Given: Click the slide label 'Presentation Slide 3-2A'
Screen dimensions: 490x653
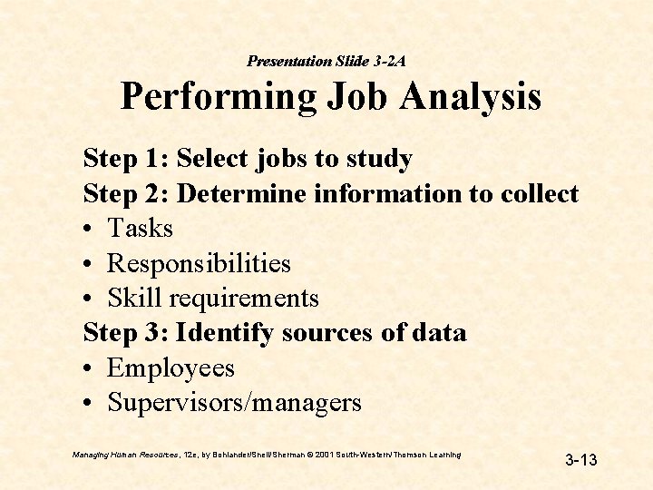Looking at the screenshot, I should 326,61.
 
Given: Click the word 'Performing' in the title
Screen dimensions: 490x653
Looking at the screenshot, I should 217,97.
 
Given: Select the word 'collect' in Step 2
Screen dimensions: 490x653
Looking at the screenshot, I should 540,193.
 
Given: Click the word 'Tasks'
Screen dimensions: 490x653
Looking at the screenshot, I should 140,229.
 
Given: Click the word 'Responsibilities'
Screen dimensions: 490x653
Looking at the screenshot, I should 199,264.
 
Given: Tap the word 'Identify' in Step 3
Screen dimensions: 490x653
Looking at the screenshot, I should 225,334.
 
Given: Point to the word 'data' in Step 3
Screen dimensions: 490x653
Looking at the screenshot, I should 439,333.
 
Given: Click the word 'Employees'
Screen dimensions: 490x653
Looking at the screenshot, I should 171,368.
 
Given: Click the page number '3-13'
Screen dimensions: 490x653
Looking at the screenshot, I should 581,460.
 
